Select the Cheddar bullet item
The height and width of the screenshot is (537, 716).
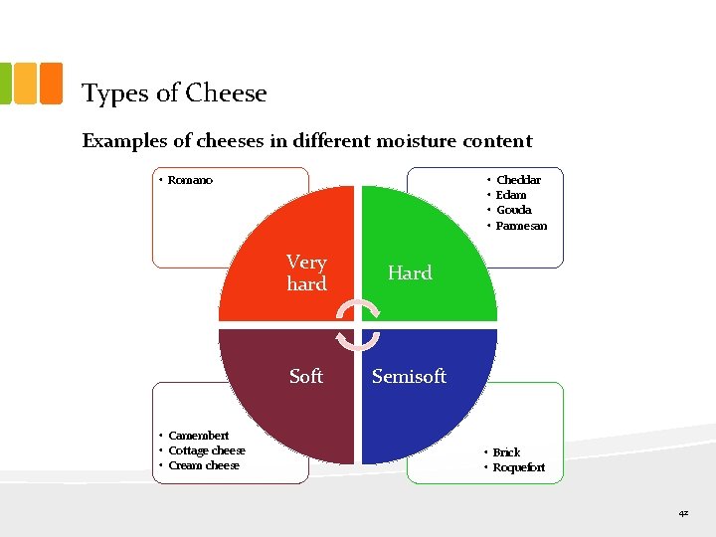click(x=518, y=180)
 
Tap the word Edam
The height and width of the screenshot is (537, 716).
click(x=511, y=195)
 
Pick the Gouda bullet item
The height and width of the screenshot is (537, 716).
click(x=513, y=210)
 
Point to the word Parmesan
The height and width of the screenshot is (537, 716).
click(x=521, y=226)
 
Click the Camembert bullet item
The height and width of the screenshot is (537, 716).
click(x=198, y=436)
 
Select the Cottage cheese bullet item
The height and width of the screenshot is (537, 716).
click(x=206, y=450)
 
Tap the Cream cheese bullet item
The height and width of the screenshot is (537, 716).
click(x=203, y=465)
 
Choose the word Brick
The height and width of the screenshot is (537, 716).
click(x=506, y=452)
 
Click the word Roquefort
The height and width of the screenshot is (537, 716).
click(x=519, y=467)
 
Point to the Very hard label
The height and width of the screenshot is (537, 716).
click(x=306, y=273)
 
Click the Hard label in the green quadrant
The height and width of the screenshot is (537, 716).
click(x=410, y=273)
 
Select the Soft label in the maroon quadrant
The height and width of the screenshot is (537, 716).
click(x=306, y=376)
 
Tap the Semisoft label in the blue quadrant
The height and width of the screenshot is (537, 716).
click(x=409, y=376)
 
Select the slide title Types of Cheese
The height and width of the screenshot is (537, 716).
click(x=174, y=93)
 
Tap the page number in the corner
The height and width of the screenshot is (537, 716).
click(x=683, y=514)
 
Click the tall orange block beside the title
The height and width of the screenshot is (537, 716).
click(x=50, y=84)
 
